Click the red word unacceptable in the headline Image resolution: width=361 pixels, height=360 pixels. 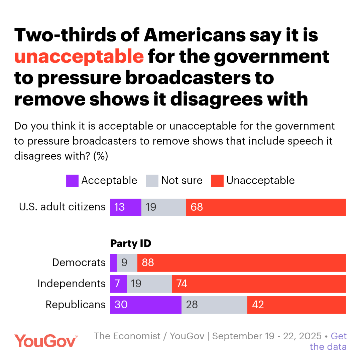tap(79, 56)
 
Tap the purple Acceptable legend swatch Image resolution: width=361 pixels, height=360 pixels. tap(72, 181)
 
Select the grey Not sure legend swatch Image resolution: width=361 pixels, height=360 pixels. tap(152, 181)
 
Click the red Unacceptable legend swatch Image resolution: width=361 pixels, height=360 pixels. tap(217, 181)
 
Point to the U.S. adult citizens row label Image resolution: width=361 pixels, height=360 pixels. tap(62, 207)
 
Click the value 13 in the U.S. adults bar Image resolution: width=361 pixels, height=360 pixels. tap(119, 207)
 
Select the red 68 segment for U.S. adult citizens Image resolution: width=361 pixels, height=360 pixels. tap(266, 207)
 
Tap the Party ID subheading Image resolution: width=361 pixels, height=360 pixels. tap(131, 244)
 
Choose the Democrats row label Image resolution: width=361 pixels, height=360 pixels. tap(79, 262)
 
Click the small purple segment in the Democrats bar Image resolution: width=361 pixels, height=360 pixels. tap(113, 262)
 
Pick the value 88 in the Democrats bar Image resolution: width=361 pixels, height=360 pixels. tap(148, 262)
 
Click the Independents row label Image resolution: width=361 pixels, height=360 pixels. tap(72, 284)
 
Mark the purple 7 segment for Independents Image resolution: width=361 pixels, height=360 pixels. tap(118, 284)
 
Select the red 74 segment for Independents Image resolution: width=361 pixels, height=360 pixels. tap(259, 284)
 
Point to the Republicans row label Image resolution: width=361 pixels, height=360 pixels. tap(76, 305)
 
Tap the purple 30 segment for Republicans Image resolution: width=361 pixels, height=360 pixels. tap(145, 305)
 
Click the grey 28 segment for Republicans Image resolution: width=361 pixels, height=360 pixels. tap(214, 305)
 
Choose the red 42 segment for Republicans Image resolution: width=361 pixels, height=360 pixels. tap(296, 305)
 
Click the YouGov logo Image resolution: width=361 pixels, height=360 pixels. tap(46, 341)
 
